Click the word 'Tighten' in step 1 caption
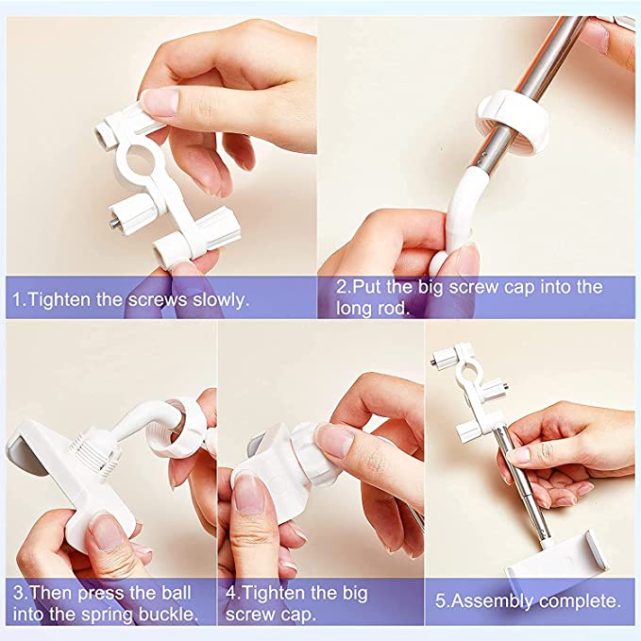[x=61, y=300]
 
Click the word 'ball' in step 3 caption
[x=177, y=593]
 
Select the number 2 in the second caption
[x=341, y=287]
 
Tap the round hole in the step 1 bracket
[x=140, y=159]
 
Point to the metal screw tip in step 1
[x=114, y=223]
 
